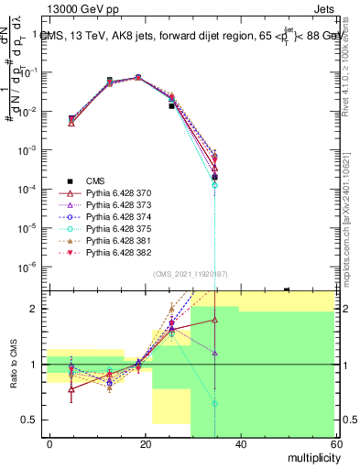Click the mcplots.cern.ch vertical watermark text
[351, 220]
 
